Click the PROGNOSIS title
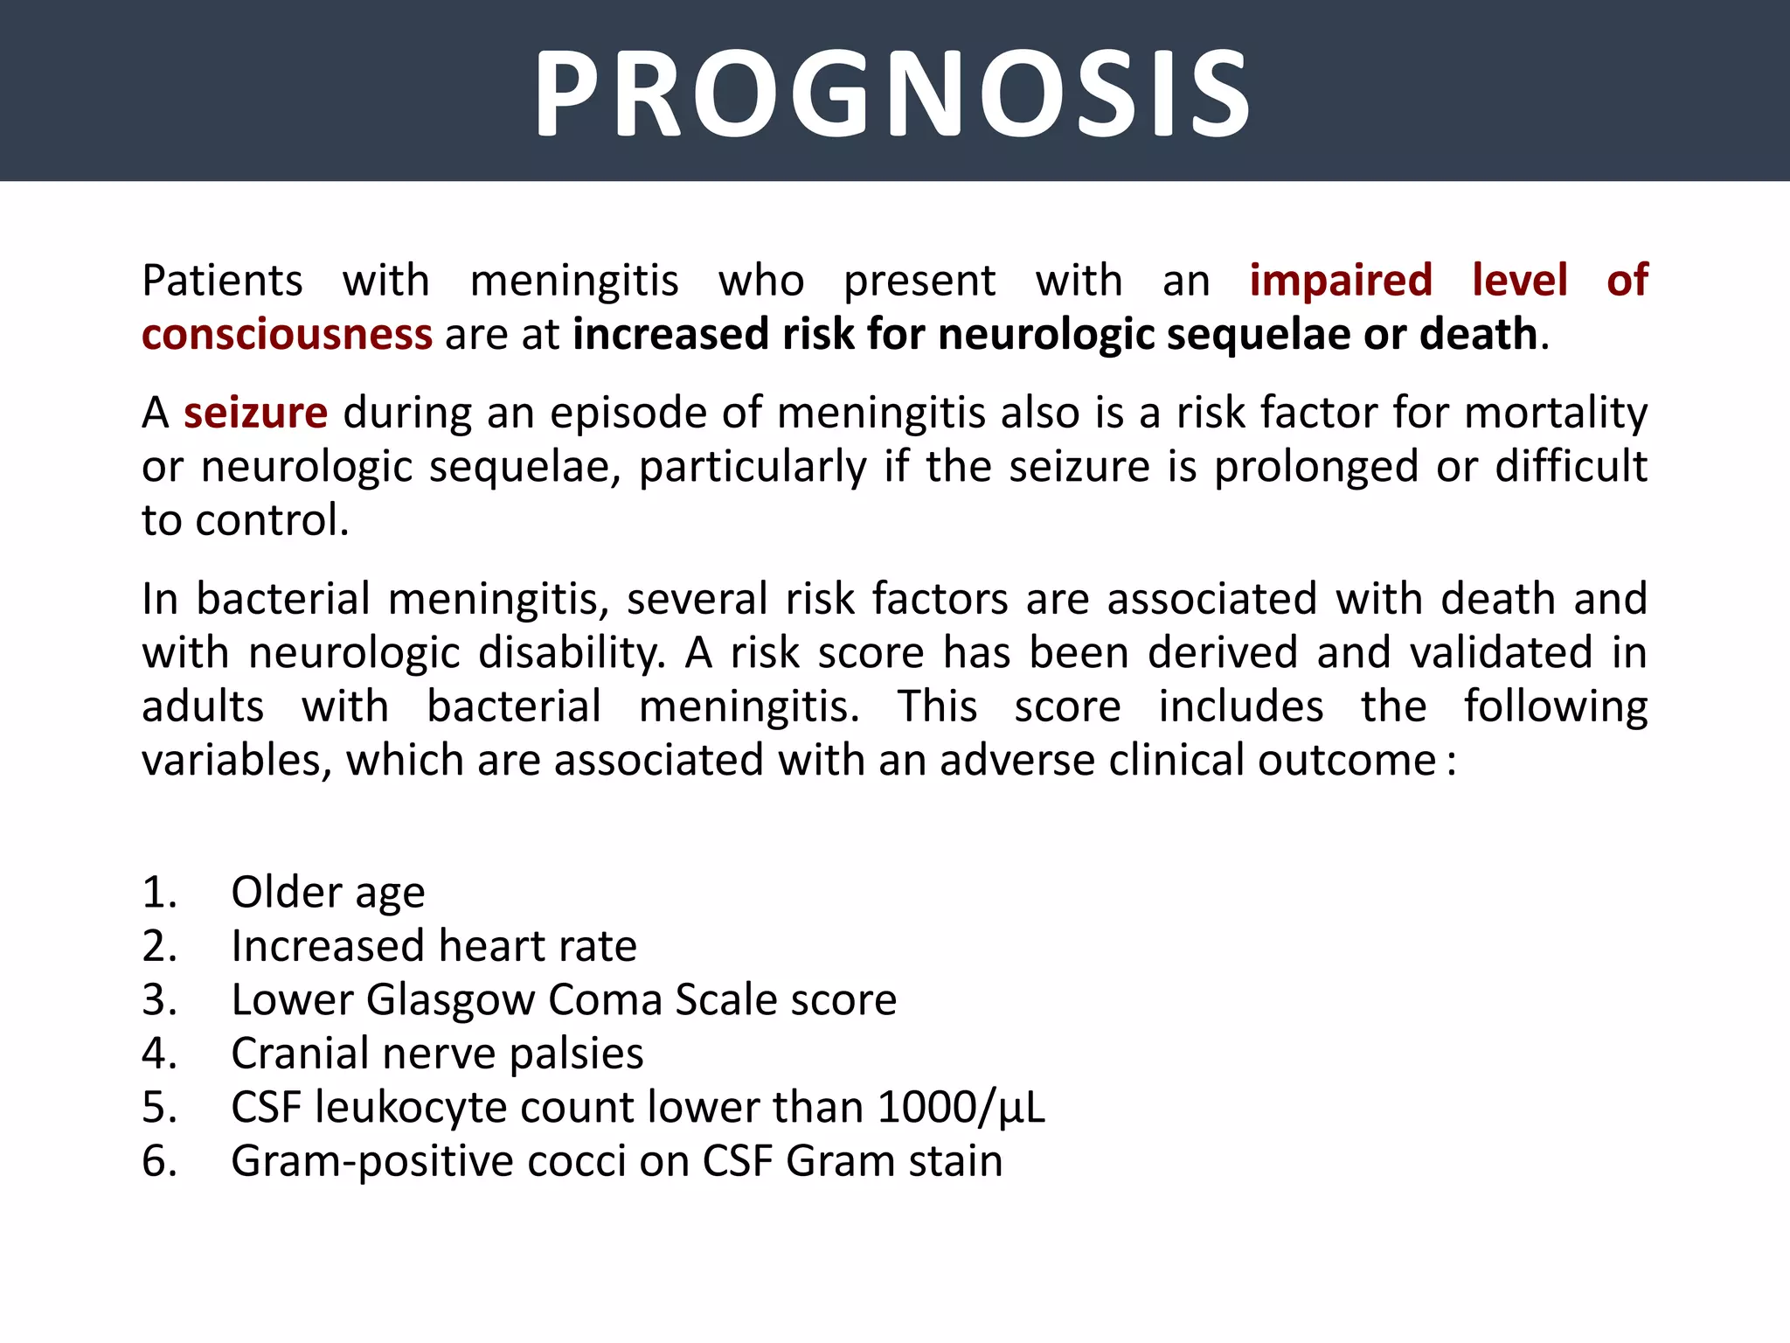(x=892, y=94)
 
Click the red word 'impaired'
(x=1341, y=281)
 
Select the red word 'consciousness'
(x=287, y=335)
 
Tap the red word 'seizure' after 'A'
(x=255, y=413)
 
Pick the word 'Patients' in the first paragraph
(x=222, y=281)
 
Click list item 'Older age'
(x=328, y=893)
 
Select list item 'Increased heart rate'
(x=434, y=946)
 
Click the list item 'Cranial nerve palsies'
(x=437, y=1054)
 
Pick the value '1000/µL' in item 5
(x=961, y=1108)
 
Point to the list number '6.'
(x=159, y=1162)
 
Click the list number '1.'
(x=159, y=893)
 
